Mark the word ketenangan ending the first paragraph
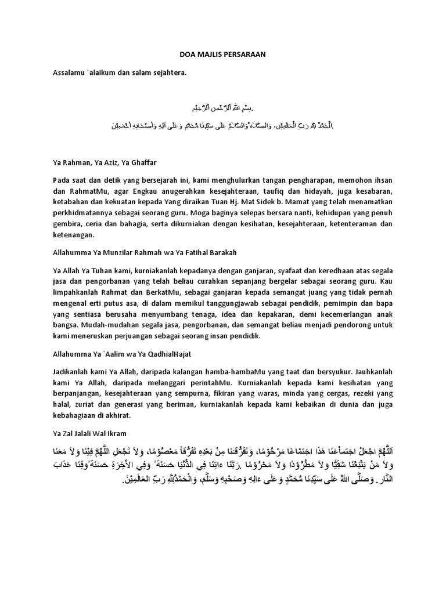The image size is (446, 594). (74, 236)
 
